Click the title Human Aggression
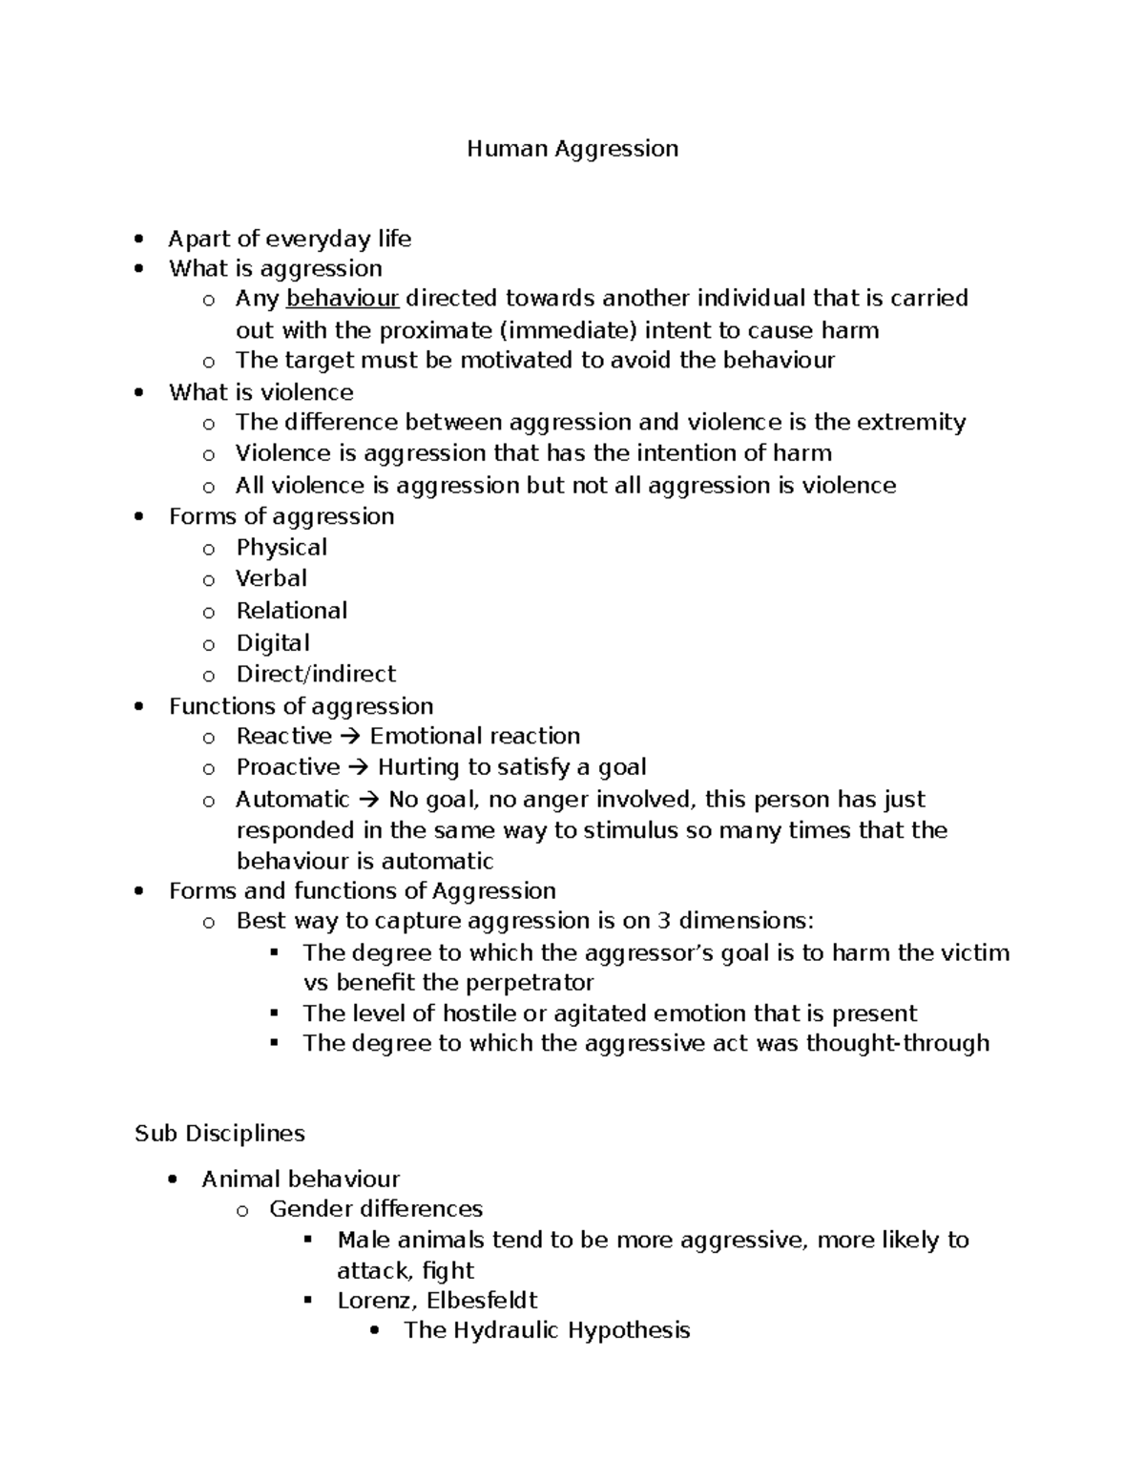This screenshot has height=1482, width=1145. (x=572, y=149)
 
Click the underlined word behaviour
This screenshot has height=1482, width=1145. (x=343, y=299)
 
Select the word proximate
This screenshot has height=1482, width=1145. (x=437, y=330)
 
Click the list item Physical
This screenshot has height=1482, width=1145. (x=281, y=548)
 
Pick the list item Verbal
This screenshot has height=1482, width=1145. (x=271, y=578)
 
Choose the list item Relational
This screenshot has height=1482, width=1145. (x=291, y=611)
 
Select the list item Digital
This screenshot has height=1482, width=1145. (x=273, y=643)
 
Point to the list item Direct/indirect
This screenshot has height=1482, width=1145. (x=315, y=674)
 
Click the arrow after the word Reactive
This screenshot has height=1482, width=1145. (x=350, y=737)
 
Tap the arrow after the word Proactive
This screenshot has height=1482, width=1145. (x=358, y=768)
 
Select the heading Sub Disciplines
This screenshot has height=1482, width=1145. (x=219, y=1134)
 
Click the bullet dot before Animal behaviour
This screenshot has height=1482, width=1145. (x=172, y=1179)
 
